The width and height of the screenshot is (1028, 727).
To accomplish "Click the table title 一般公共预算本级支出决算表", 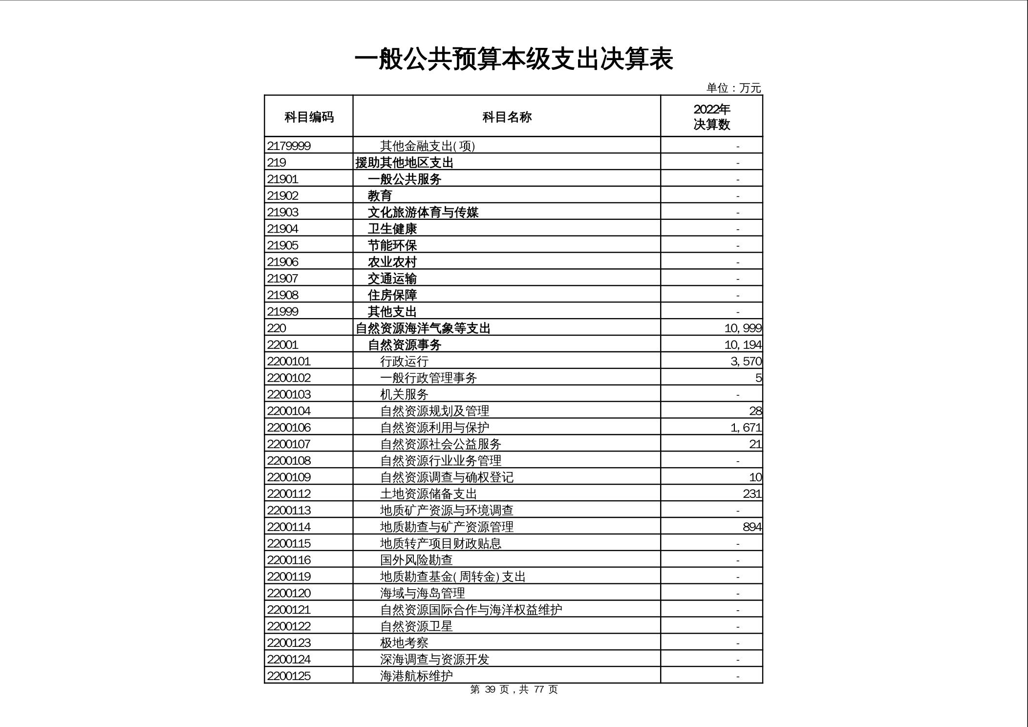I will (514, 59).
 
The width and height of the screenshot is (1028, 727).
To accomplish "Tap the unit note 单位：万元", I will (733, 88).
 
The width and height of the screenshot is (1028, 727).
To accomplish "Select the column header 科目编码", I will (309, 117).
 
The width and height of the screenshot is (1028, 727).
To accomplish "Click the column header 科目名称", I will (507, 117).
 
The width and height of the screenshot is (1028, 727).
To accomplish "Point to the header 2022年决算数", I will (711, 117).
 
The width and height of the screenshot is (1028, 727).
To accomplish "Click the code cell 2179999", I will (289, 146).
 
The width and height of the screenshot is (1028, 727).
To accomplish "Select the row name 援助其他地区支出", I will (405, 162).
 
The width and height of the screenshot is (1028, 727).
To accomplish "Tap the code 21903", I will (283, 212).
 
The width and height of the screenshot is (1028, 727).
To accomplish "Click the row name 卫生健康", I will (392, 229).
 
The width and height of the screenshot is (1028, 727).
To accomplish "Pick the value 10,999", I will (743, 328).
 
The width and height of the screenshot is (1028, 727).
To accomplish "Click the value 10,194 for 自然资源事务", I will (743, 344).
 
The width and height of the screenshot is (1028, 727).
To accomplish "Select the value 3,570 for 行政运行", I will (746, 361).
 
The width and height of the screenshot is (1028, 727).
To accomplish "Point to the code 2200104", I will (289, 411).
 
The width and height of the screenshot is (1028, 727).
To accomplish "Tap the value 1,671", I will (746, 428).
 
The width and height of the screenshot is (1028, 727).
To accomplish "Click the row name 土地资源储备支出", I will (428, 493).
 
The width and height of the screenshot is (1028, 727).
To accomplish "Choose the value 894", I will (751, 527).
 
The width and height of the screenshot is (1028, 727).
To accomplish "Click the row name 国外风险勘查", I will (416, 560).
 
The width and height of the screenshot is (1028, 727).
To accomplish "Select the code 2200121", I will (289, 610).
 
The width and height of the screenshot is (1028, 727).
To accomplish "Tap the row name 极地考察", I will (404, 642).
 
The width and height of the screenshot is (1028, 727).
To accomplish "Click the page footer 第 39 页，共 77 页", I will (514, 689).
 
